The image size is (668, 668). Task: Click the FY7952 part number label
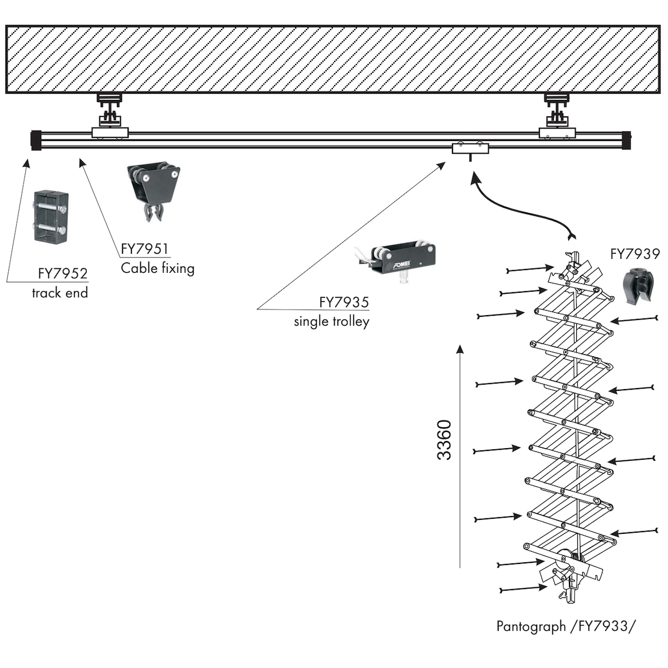63,273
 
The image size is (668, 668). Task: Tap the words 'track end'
60,293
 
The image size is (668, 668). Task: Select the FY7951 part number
145,249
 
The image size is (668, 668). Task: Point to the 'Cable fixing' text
158,268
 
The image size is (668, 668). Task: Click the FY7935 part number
344,302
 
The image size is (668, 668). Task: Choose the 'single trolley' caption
332,321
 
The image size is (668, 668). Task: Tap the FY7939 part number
635,254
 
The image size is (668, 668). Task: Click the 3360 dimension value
444,440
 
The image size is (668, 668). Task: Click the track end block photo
51,217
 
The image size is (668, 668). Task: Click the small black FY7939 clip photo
637,285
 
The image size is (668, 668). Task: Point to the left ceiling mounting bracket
110,114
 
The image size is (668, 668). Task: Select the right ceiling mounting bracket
558,114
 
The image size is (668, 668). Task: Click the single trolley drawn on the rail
470,149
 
